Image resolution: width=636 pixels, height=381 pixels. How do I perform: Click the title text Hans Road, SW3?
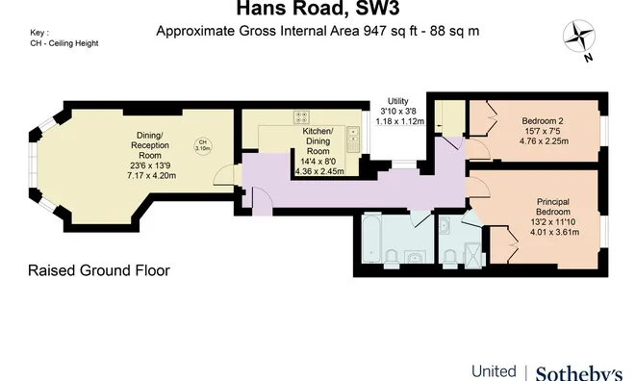click(318, 11)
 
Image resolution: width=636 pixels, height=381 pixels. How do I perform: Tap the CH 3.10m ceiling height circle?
click(202, 146)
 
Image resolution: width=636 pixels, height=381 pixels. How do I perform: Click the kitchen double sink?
click(352, 137)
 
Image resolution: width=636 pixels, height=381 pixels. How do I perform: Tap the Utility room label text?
click(397, 101)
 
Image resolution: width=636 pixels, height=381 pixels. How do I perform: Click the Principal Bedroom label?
click(559, 208)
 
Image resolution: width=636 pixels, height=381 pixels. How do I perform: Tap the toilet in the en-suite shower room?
click(449, 257)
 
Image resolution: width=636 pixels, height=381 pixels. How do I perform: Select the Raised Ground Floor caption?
click(99, 270)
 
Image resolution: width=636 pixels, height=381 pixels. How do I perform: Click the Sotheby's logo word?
click(578, 371)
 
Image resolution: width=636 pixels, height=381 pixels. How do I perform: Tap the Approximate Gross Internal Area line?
click(318, 31)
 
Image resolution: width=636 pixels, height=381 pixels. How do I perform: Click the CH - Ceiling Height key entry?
click(64, 43)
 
